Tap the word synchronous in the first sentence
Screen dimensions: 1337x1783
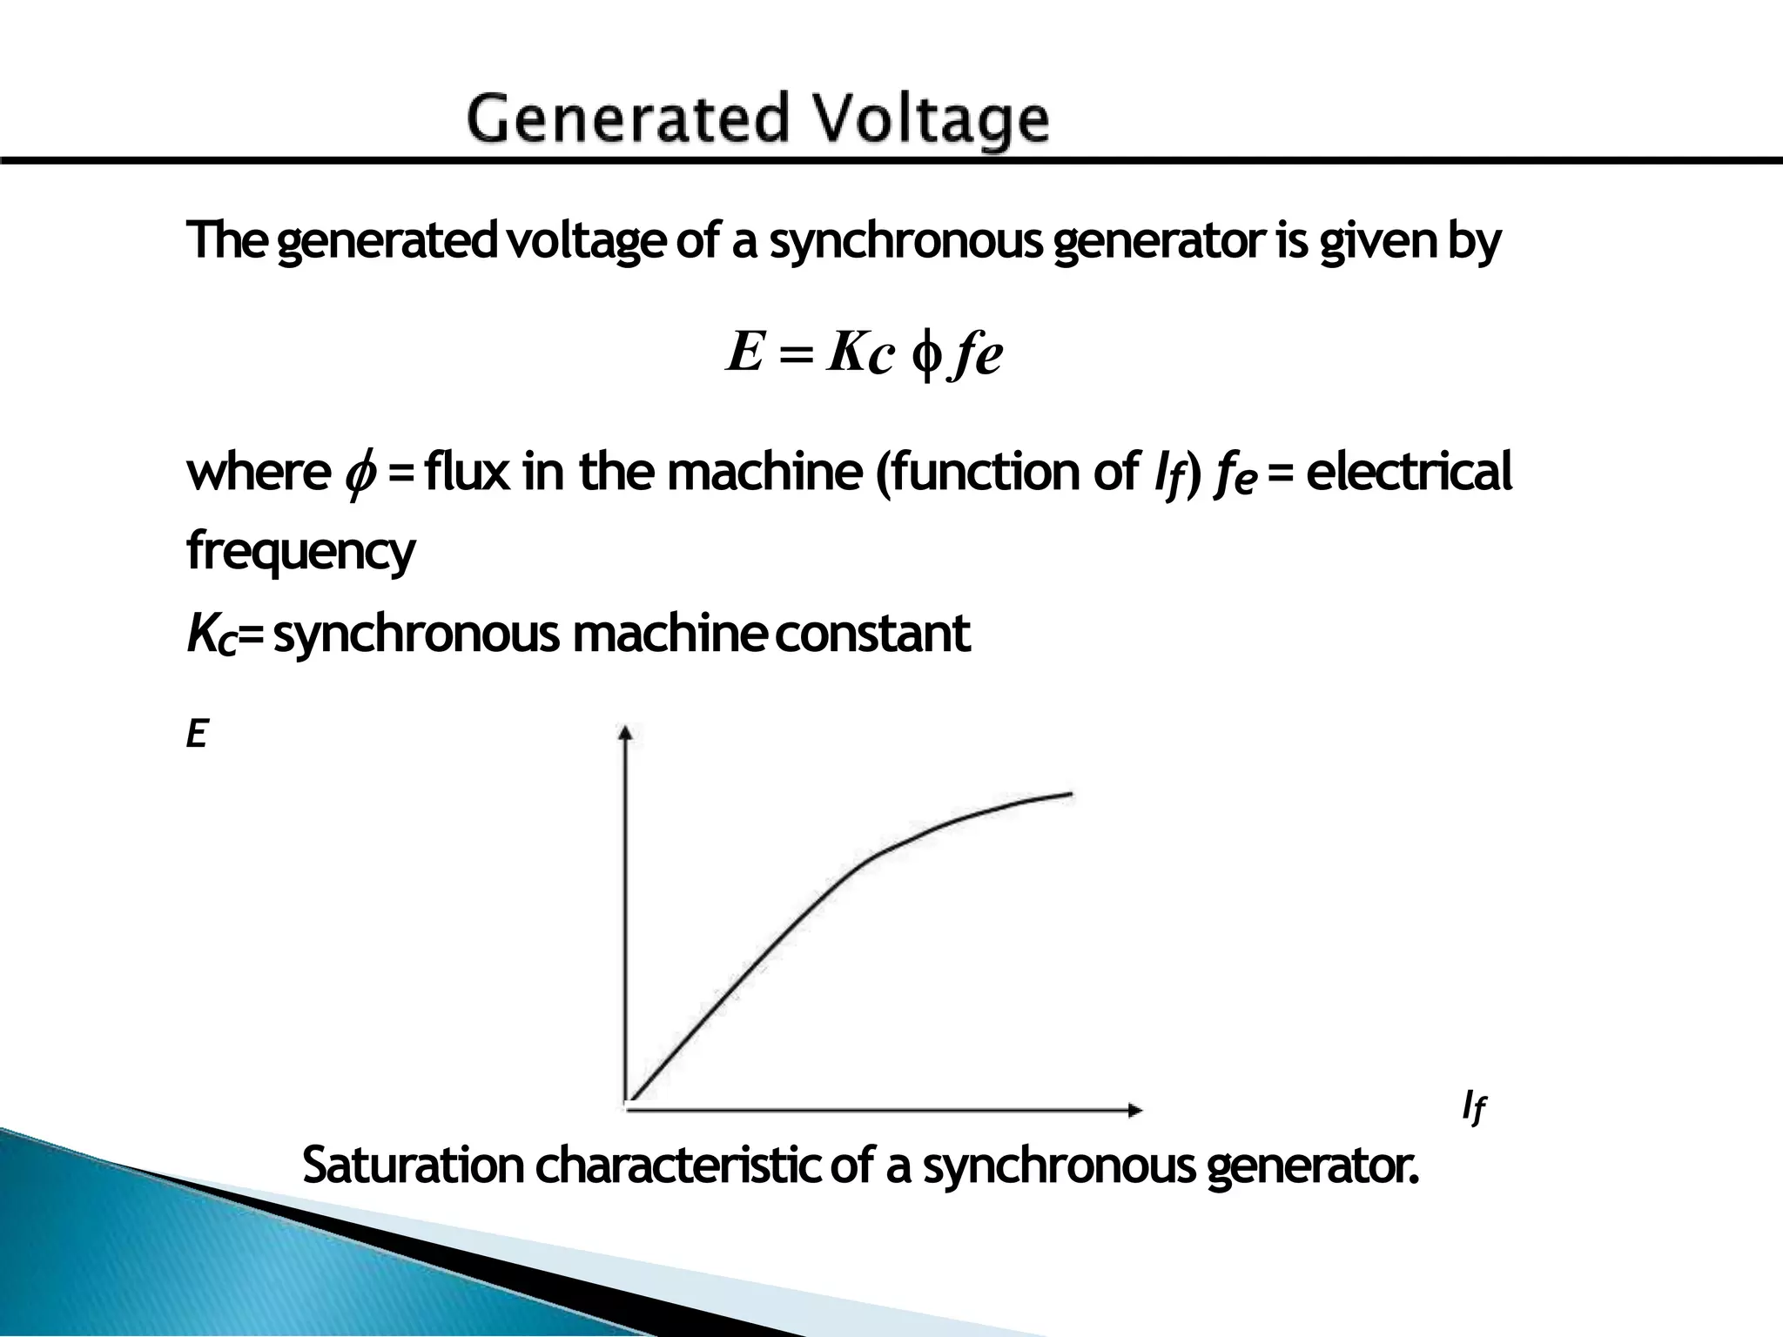click(x=905, y=241)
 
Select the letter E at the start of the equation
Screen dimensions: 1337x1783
click(x=745, y=353)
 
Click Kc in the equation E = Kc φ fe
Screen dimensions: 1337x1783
click(x=860, y=353)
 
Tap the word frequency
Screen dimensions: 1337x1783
click(x=301, y=552)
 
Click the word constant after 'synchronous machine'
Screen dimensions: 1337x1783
click(x=871, y=633)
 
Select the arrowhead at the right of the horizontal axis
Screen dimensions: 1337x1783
click(x=1134, y=1110)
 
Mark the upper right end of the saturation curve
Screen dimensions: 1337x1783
click(x=1069, y=794)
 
